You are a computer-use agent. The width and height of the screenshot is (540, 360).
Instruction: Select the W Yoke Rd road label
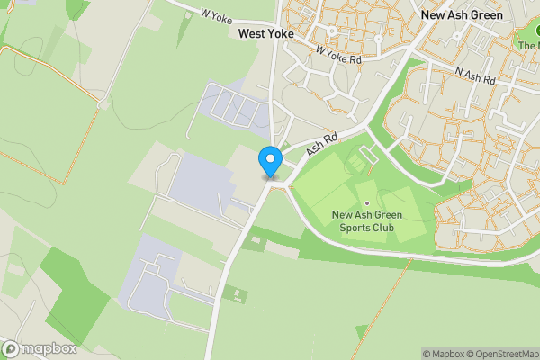338,53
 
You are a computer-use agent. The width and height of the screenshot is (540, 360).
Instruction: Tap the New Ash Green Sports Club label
367,220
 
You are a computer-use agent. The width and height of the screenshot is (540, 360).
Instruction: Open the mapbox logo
37,349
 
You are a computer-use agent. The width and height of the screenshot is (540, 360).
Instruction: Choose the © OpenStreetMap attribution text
503,354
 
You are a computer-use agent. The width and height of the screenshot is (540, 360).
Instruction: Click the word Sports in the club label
355,227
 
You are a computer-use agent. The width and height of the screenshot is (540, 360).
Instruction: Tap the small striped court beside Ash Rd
357,165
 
